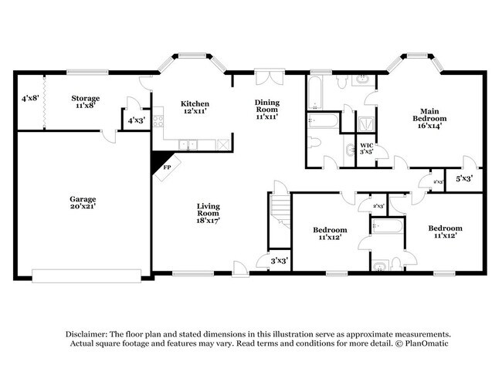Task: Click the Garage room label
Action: tap(83, 204)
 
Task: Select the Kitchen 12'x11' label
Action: tap(195, 109)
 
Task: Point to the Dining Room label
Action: tap(267, 110)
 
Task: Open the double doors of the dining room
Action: tap(267, 77)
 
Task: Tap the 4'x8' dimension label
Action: tap(29, 99)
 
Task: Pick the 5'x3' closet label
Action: tap(463, 179)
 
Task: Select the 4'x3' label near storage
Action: tap(135, 120)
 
